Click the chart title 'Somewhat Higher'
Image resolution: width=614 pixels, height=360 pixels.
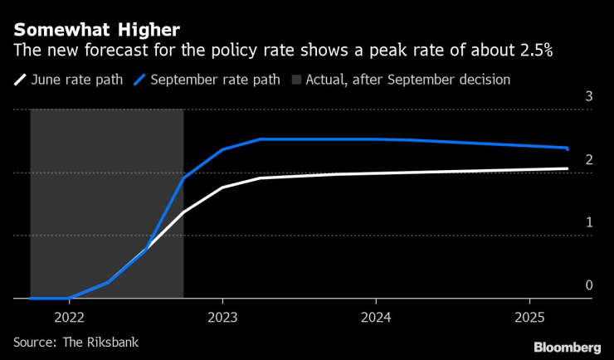click(x=95, y=31)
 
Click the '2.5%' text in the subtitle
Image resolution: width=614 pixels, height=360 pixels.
click(x=536, y=51)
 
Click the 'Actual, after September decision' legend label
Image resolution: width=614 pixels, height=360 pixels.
click(x=407, y=80)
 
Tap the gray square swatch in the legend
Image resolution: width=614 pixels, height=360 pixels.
click(x=297, y=80)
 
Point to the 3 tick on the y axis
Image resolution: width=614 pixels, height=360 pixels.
click(x=588, y=96)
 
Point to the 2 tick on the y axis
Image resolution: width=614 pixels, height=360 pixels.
click(x=588, y=159)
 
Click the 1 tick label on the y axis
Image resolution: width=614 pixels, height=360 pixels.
click(x=588, y=222)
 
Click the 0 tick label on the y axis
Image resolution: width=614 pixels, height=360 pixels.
click(x=588, y=285)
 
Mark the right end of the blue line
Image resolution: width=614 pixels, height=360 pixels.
click(x=568, y=148)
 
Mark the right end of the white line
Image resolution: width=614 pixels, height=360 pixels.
click(x=568, y=168)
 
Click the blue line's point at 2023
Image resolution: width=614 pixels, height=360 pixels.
click(x=222, y=149)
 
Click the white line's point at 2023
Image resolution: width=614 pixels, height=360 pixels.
click(x=222, y=187)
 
